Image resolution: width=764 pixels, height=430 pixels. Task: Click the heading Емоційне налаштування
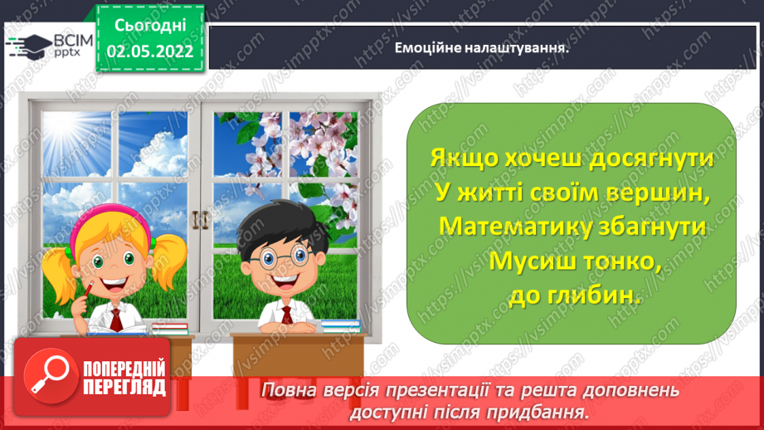click(484, 47)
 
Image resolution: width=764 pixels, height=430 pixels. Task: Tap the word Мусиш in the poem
click(528, 260)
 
